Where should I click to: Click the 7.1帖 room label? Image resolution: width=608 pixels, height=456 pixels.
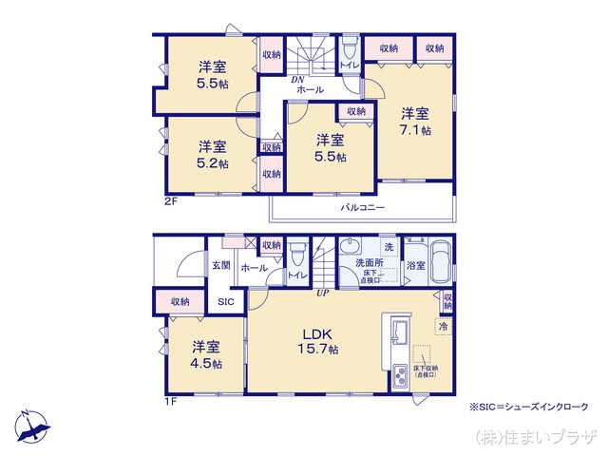(x=415, y=121)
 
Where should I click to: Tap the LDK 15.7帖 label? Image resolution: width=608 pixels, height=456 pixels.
(x=319, y=343)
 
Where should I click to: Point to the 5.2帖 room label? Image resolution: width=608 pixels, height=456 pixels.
(x=212, y=154)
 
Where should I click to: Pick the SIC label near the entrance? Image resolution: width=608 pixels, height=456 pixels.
(x=225, y=301)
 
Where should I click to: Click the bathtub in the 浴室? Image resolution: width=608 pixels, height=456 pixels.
(x=443, y=261)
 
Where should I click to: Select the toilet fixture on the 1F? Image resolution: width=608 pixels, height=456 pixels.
(x=298, y=255)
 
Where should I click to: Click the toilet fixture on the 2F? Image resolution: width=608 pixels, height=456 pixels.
(x=349, y=47)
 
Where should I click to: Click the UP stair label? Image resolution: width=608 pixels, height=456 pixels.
(x=323, y=293)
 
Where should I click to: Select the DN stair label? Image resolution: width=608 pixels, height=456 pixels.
(x=295, y=78)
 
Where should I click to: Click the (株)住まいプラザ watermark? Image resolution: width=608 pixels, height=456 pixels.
(x=537, y=436)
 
